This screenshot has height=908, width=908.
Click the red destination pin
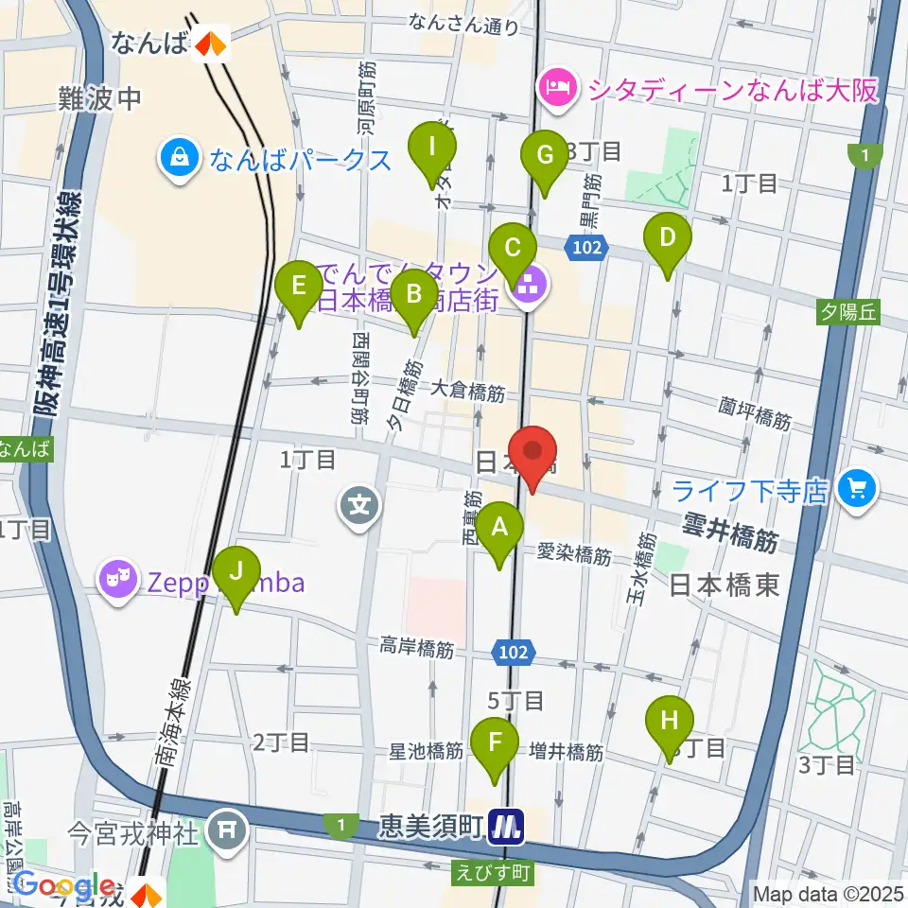(533, 458)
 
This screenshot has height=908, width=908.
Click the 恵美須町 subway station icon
(508, 829)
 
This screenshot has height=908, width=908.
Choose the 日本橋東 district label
(725, 586)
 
